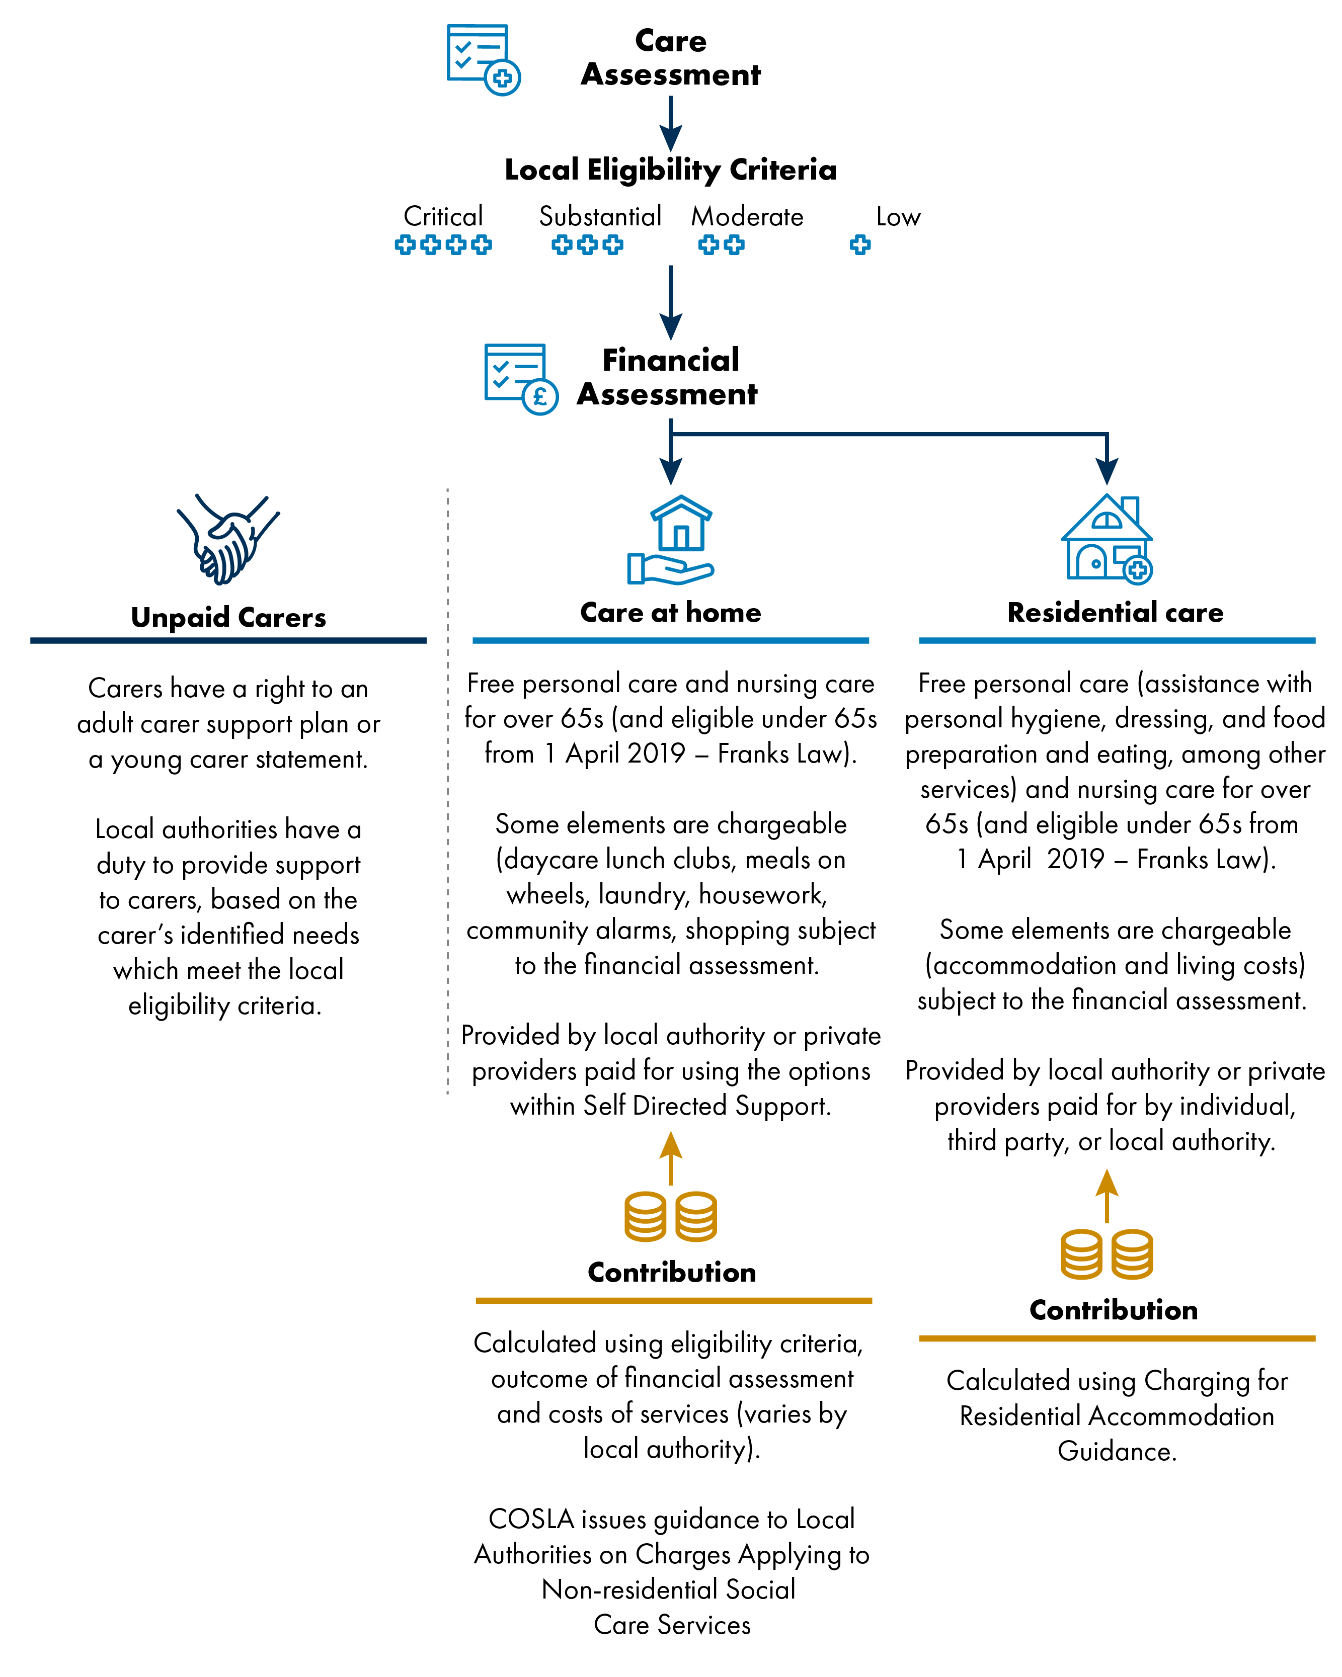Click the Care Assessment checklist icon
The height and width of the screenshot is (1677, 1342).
pos(483,59)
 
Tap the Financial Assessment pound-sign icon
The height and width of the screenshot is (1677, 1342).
pos(520,379)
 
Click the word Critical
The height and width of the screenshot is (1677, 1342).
pos(443,216)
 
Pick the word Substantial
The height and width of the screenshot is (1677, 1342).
pos(600,216)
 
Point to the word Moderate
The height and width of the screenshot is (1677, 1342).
pos(747,216)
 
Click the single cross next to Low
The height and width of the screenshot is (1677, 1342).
pos(859,245)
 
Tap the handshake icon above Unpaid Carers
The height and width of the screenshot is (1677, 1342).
pos(227,539)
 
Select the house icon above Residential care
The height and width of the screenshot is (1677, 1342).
pos(1107,538)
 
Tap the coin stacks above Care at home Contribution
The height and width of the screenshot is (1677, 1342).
pos(671,1216)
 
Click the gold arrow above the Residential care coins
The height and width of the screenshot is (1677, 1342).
pos(1107,1196)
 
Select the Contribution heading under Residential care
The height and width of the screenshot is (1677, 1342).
pos(1113,1310)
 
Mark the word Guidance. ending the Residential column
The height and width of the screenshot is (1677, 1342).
pos(1117,1452)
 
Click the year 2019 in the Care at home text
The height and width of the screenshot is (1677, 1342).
pos(656,753)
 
